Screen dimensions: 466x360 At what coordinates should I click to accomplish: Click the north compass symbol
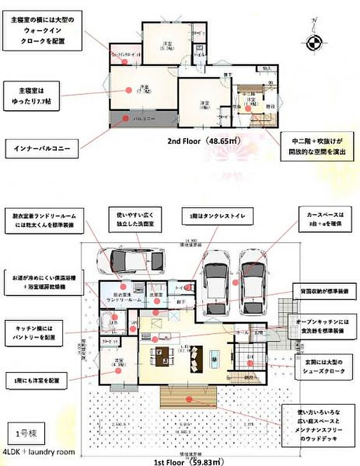click(x=312, y=41)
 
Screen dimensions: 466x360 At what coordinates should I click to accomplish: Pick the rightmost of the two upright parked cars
click(x=254, y=280)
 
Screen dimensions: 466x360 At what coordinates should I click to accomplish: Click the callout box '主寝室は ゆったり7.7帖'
click(x=33, y=95)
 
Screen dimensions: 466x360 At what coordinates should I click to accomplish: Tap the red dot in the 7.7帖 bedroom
click(x=127, y=89)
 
